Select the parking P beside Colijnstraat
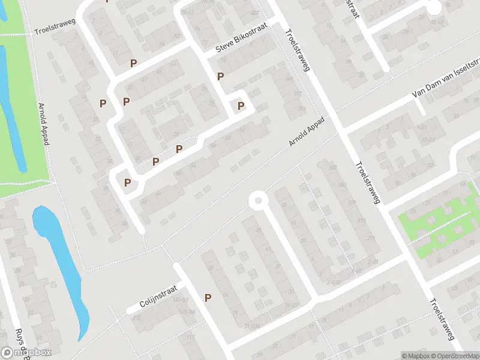[x=208, y=298]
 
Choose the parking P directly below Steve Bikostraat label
[x=221, y=76]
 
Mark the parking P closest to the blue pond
[x=127, y=182]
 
